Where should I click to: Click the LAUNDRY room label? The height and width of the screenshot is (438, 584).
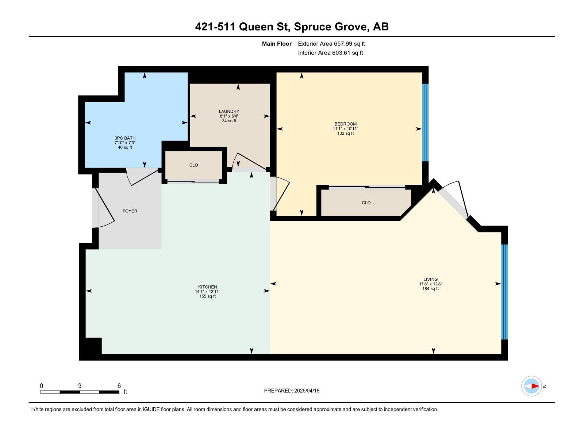(229, 111)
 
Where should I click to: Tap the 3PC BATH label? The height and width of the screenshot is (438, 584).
(125, 138)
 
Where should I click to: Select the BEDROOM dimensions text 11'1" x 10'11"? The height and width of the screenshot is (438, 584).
(345, 129)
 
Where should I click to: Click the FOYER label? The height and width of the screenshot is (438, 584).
(130, 211)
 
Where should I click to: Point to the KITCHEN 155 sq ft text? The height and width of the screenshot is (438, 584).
(207, 296)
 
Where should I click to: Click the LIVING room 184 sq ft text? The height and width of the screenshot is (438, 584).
(430, 289)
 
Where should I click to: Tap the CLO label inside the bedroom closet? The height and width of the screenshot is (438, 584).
(366, 203)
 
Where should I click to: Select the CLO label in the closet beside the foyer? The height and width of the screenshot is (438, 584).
(193, 165)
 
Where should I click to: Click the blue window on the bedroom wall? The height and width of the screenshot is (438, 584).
(425, 122)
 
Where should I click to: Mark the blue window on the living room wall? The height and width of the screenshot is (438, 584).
(504, 292)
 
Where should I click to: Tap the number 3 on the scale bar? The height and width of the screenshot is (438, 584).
(80, 386)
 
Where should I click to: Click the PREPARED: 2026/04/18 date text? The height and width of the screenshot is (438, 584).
(292, 391)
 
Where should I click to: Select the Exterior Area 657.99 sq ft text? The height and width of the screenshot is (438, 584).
(331, 44)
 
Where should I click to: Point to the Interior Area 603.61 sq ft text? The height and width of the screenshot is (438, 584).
(330, 53)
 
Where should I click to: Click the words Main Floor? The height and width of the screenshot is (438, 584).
(277, 44)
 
